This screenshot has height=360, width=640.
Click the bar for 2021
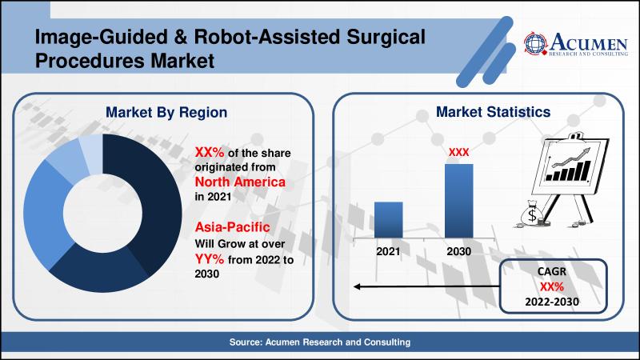[388, 219]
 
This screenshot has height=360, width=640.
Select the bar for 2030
[458, 201]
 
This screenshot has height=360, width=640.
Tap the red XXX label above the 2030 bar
[458, 152]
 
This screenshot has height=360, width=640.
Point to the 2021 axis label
[388, 251]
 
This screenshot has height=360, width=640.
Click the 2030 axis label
[458, 251]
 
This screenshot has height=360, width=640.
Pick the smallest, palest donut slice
[91, 153]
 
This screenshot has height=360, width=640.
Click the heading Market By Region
[166, 112]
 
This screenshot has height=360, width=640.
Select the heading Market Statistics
[493, 112]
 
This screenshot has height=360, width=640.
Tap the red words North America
[240, 182]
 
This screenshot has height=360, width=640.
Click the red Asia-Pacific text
[232, 227]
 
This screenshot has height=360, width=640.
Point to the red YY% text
[210, 258]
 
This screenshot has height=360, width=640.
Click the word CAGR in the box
[552, 271]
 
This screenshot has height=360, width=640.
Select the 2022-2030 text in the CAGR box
[552, 302]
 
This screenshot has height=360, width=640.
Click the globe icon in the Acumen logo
[535, 43]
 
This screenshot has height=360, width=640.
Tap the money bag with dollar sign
[532, 214]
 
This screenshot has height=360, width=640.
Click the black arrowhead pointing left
[356, 286]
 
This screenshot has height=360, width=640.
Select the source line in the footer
[319, 342]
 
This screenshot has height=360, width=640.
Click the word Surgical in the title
[386, 38]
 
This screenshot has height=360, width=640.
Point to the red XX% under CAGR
[552, 286]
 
